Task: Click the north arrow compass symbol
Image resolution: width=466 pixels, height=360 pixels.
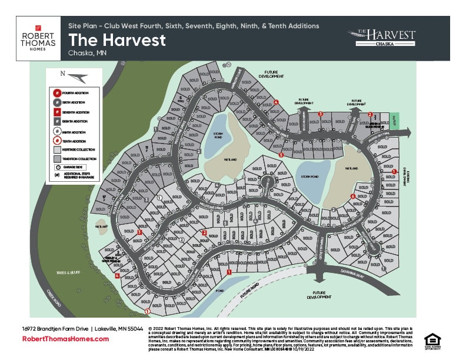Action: pyautogui.click(x=76, y=77)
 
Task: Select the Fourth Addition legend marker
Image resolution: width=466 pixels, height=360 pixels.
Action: pyautogui.click(x=56, y=93)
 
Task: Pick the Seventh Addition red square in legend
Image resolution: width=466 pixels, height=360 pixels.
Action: pyautogui.click(x=56, y=112)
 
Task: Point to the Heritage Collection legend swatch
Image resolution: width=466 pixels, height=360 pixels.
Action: pyautogui.click(x=56, y=149)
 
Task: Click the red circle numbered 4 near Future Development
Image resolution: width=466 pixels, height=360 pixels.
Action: pyautogui.click(x=276, y=102)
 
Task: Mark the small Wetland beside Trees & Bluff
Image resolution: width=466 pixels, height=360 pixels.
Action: pyautogui.click(x=101, y=225)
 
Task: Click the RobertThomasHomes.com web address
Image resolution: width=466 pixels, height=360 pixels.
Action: pyautogui.click(x=65, y=339)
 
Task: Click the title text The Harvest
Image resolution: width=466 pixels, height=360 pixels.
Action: pyautogui.click(x=117, y=40)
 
